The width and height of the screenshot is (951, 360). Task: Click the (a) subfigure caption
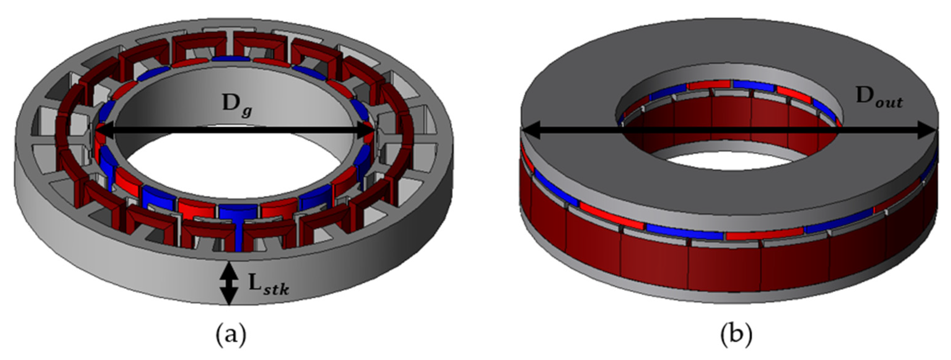pyautogui.click(x=230, y=335)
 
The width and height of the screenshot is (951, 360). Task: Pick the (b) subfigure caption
pyautogui.click(x=736, y=335)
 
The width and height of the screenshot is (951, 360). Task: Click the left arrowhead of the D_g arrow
pyautogui.click(x=104, y=129)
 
